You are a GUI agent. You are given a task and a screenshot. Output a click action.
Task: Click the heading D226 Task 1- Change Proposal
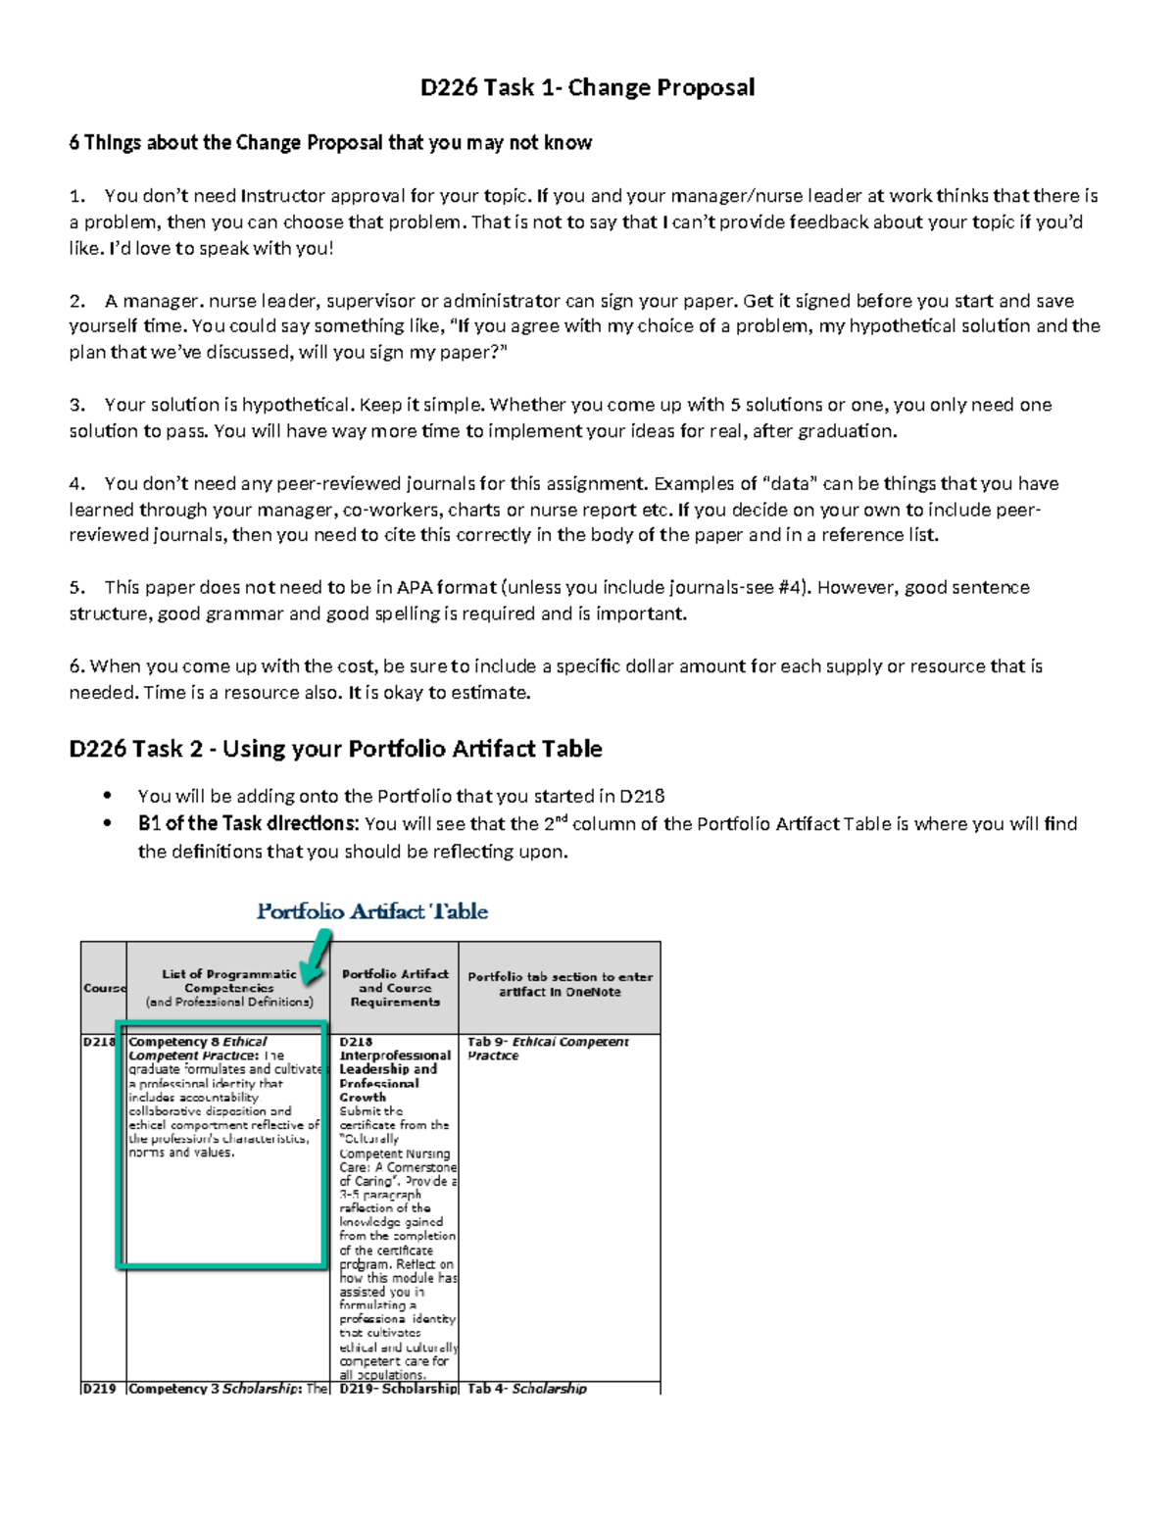point(587,88)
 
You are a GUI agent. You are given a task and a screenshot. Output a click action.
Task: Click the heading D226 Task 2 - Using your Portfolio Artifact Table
point(335,749)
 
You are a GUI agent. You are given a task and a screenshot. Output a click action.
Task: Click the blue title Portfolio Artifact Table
point(371,911)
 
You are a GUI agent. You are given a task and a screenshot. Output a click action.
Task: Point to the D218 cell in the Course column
point(99,1042)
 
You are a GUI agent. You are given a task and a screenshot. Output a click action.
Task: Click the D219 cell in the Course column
point(99,1388)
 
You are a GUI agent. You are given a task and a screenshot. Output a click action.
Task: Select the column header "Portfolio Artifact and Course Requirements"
point(395,988)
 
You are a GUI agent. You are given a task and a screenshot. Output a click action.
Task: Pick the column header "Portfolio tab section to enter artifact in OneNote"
point(560,984)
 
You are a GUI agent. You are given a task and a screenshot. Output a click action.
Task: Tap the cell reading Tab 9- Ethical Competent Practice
point(547,1049)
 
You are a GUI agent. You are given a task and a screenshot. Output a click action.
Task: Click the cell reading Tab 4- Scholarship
point(526,1388)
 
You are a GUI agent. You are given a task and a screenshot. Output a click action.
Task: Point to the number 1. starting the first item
point(77,196)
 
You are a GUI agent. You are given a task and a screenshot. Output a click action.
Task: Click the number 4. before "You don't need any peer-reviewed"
point(77,483)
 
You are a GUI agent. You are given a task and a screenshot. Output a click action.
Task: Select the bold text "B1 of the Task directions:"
point(248,823)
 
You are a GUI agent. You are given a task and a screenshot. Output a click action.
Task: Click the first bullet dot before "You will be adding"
point(107,796)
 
